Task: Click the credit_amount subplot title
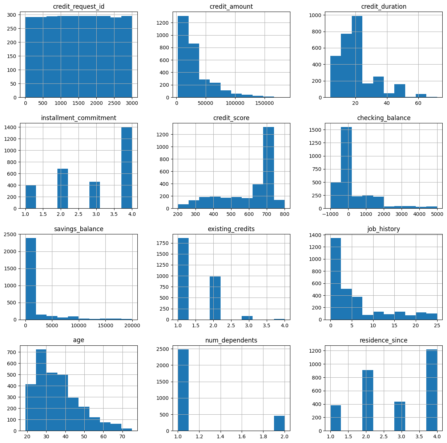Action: coord(231,7)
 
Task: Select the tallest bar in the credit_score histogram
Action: coord(269,168)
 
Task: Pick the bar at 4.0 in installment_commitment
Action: coord(127,168)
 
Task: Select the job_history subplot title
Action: coord(383,229)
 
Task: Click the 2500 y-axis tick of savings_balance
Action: coord(19,234)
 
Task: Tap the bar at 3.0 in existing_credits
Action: coord(247,318)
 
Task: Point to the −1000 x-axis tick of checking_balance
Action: coord(330,214)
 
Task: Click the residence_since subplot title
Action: coord(383,340)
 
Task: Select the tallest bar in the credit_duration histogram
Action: coord(357,57)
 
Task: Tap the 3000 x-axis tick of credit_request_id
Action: coord(132,103)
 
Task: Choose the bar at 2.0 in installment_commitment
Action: coord(63,189)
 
